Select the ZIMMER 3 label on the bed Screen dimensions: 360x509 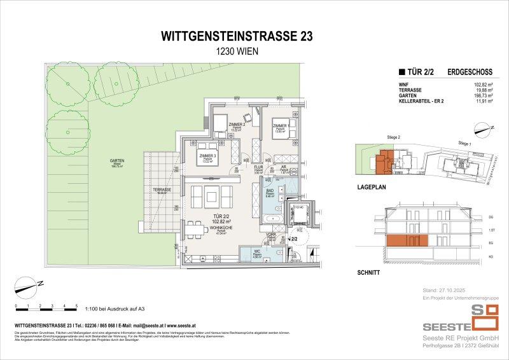[207, 156]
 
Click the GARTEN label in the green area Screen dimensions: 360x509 [116, 161]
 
